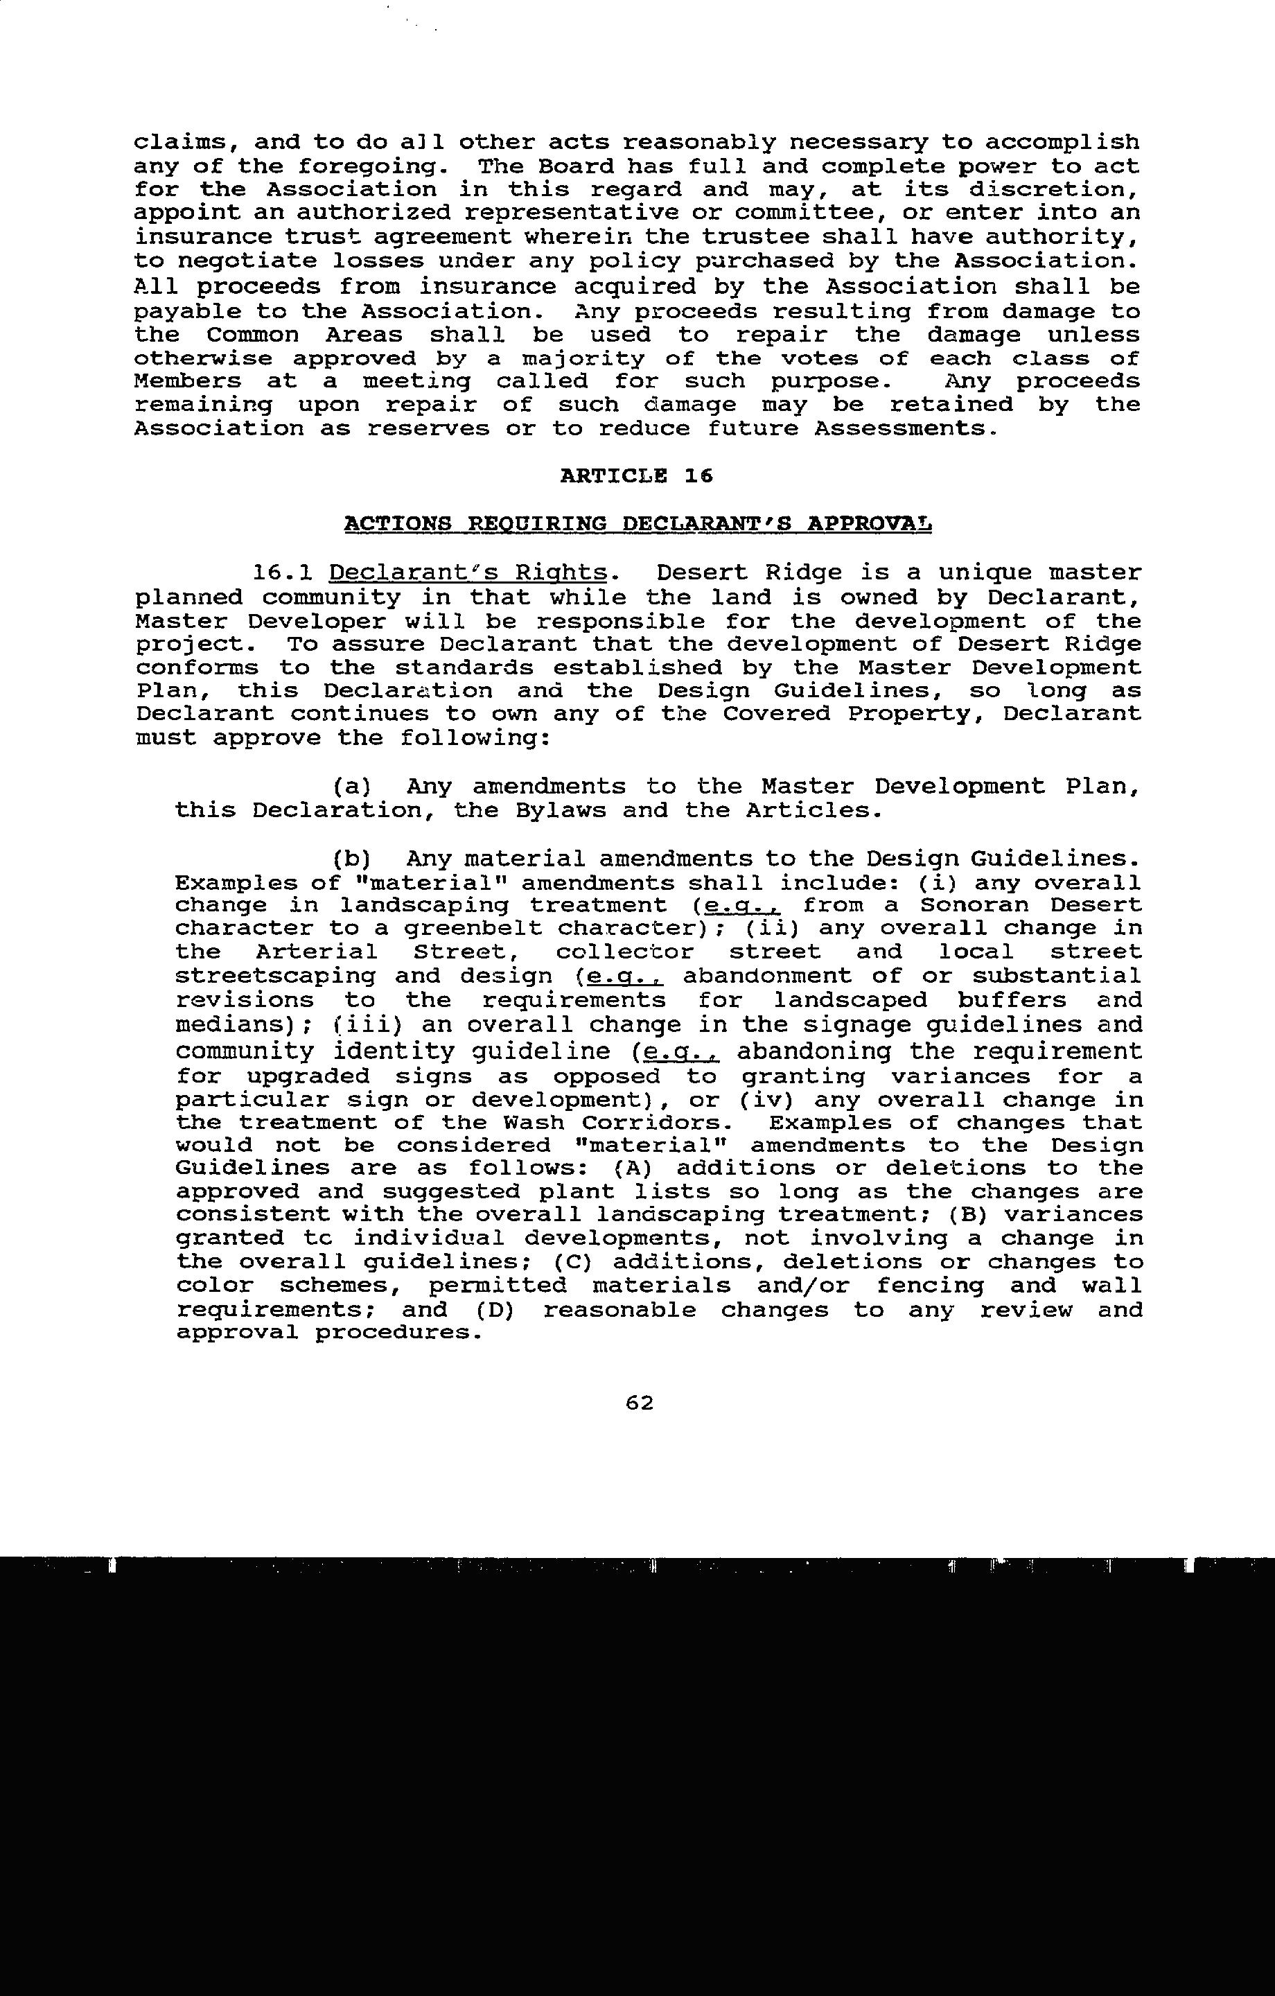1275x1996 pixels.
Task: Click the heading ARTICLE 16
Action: coord(636,476)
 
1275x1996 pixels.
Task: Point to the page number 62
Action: coord(639,1403)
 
